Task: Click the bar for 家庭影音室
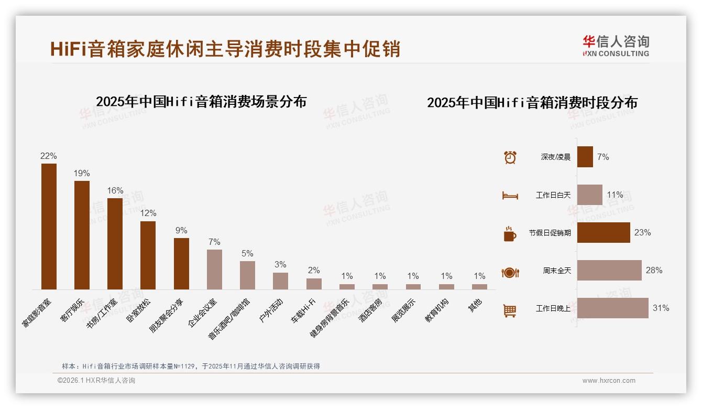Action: (x=49, y=227)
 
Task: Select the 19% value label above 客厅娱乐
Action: (x=82, y=173)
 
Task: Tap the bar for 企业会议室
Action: (x=214, y=270)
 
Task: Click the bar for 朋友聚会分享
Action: (x=181, y=264)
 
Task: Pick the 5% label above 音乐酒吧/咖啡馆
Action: (x=247, y=253)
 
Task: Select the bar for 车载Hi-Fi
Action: (x=314, y=284)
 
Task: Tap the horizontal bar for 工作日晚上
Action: (x=612, y=308)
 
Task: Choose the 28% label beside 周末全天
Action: (x=654, y=271)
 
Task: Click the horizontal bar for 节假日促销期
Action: (x=604, y=233)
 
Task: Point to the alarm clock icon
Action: (x=510, y=157)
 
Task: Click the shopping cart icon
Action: (x=510, y=311)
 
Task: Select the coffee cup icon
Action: (x=510, y=234)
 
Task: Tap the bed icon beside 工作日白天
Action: (x=510, y=196)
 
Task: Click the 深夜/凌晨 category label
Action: (x=555, y=157)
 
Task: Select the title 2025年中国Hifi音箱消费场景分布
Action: (x=201, y=102)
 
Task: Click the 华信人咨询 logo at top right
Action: (x=616, y=46)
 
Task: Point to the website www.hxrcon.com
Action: (x=609, y=381)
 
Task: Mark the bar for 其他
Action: (x=479, y=287)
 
